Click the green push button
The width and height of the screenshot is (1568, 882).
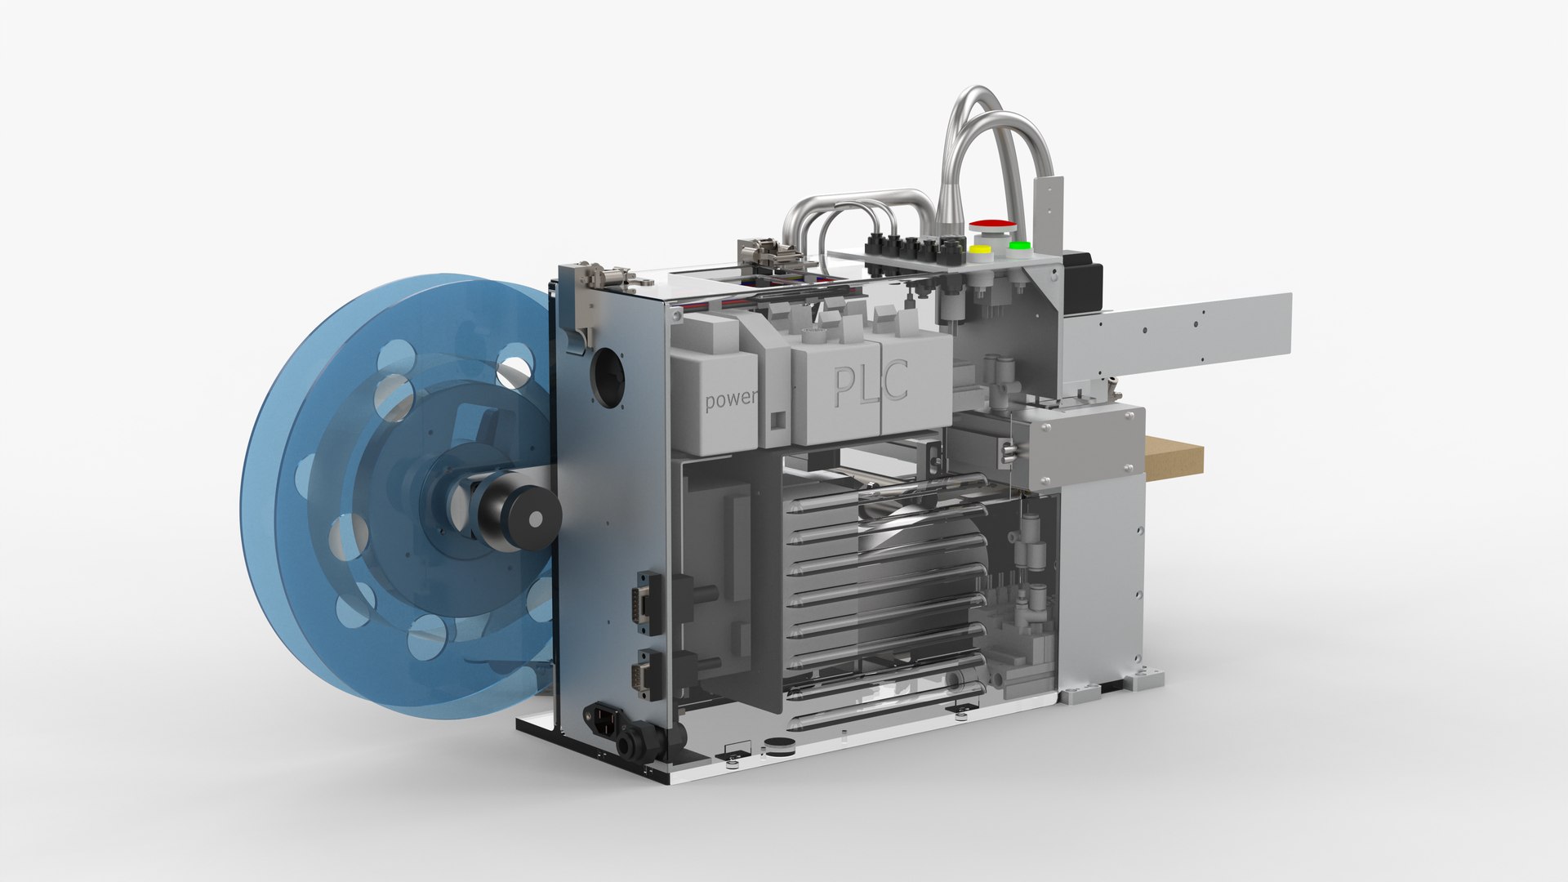(1018, 246)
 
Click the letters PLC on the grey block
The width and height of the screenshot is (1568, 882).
(870, 384)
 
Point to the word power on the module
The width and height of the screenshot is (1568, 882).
(730, 400)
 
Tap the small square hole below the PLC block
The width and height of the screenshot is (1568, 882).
(777, 420)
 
